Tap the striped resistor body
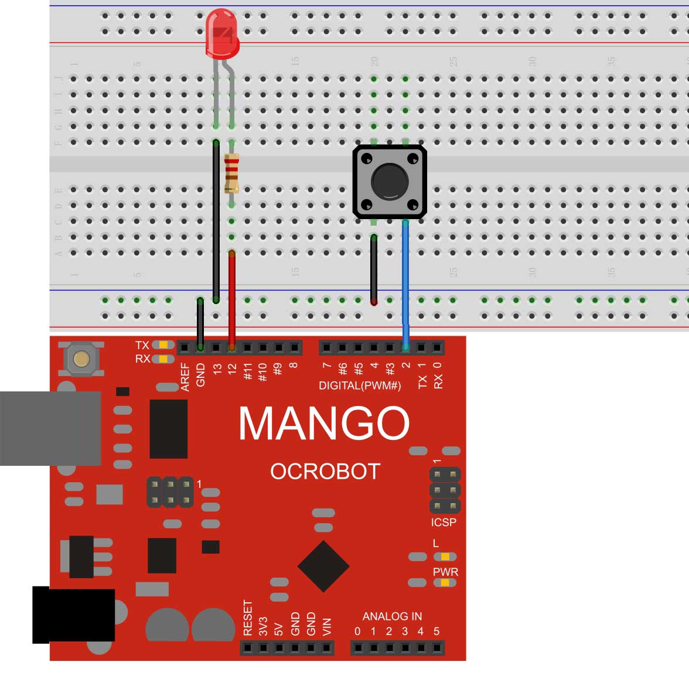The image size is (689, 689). click(x=232, y=173)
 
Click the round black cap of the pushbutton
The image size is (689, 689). click(x=390, y=180)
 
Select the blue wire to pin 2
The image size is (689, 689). click(x=405, y=281)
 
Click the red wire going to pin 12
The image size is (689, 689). click(x=232, y=299)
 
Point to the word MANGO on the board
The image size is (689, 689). click(x=323, y=423)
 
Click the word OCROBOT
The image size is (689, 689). click(x=325, y=472)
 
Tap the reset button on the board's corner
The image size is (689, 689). click(x=81, y=359)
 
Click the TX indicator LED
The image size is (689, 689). click(x=163, y=345)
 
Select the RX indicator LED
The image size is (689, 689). click(x=163, y=359)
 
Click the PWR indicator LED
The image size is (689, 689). click(x=445, y=582)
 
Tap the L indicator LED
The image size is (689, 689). click(x=445, y=556)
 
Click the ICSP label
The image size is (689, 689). click(x=444, y=522)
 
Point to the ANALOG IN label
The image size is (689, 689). click(x=392, y=616)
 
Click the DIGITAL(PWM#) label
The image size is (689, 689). click(x=360, y=386)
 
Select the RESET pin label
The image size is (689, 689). click(x=248, y=618)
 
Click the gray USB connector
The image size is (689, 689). click(x=50, y=428)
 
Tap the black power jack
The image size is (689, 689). click(x=73, y=615)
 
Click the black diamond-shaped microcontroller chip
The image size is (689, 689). click(x=323, y=567)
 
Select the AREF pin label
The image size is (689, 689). click(x=185, y=377)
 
